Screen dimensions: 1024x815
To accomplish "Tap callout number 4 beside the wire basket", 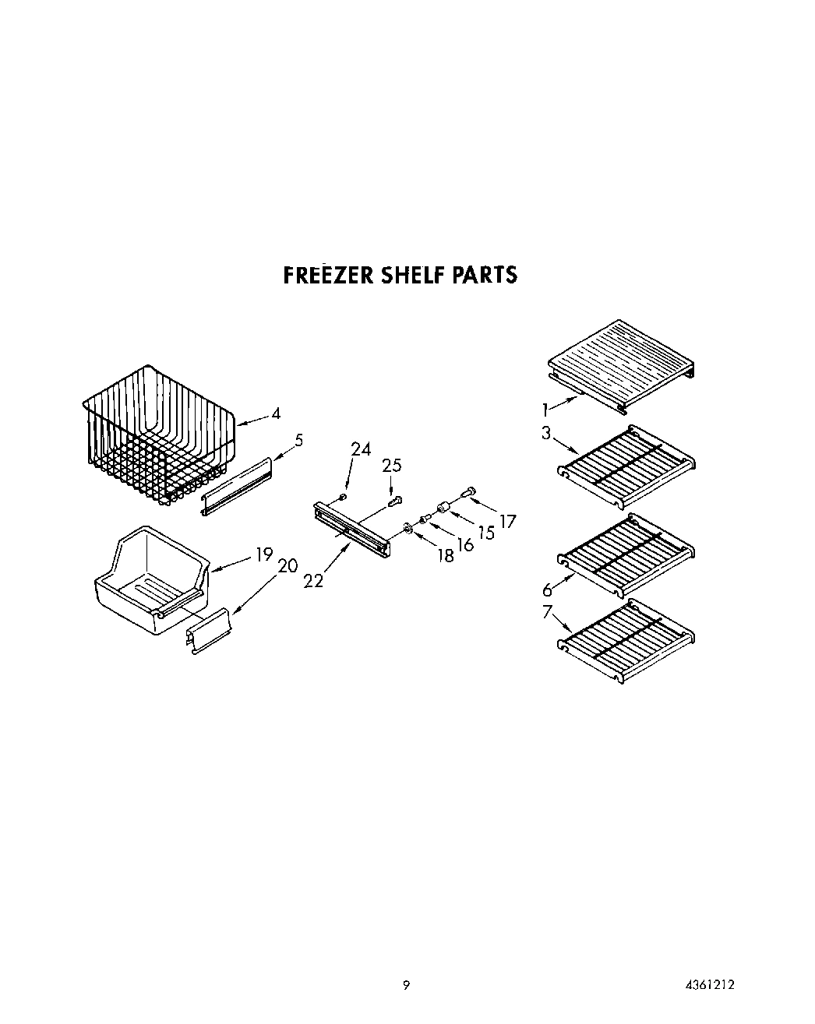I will point(276,413).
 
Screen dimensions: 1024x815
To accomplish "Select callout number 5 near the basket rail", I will point(298,440).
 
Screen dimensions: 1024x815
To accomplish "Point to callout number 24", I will point(361,449).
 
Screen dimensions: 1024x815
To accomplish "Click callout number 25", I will point(391,466).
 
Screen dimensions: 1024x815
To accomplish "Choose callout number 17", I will point(507,521).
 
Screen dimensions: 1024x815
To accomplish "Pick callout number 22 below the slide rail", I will point(313,581).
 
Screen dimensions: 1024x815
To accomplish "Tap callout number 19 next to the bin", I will point(263,554).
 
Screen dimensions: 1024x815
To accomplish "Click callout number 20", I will point(288,566).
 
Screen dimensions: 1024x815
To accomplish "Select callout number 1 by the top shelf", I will point(547,408).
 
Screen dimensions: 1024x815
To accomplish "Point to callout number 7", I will point(547,612).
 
